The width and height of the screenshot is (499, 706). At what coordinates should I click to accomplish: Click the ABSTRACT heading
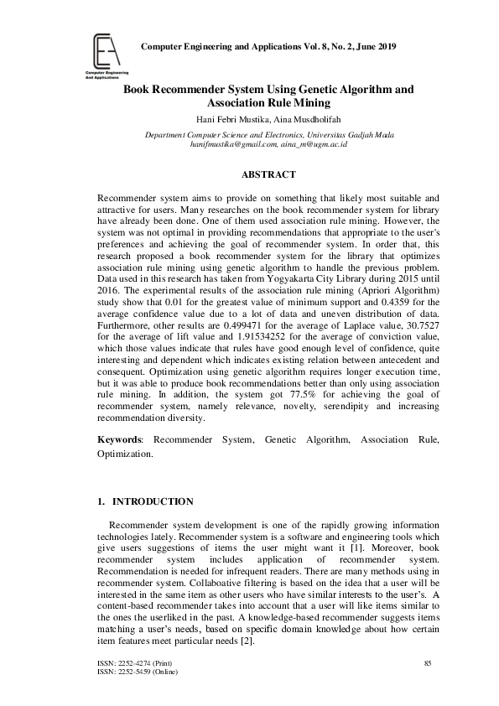pos(268,174)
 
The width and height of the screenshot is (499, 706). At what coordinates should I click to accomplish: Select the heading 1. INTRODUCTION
pos(146,502)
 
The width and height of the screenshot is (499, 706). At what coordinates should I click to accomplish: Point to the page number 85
pos(428,663)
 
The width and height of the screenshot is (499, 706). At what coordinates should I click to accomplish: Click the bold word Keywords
pos(119,439)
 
